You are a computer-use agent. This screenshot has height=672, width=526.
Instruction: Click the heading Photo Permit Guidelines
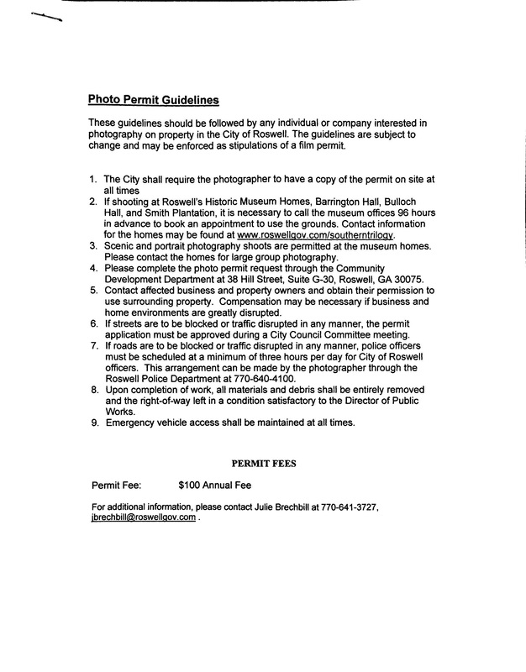[x=153, y=100]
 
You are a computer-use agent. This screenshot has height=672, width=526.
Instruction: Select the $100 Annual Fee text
[x=215, y=485]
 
